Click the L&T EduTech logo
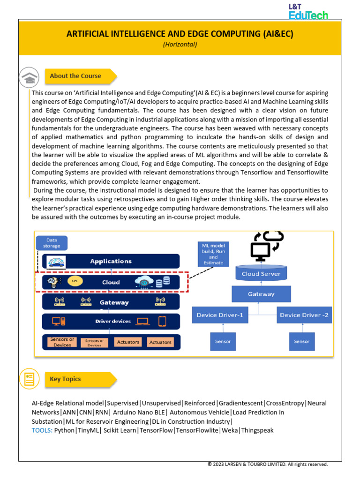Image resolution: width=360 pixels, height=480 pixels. (x=308, y=11)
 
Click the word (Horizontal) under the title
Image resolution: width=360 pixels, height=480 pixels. (x=180, y=45)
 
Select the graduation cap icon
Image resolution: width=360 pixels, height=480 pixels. (x=29, y=77)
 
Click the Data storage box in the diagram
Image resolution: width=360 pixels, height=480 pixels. (x=52, y=243)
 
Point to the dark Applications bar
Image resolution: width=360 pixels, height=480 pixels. (x=111, y=261)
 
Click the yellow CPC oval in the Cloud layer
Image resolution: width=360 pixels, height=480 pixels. (x=74, y=282)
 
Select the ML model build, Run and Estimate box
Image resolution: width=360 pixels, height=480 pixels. (x=213, y=254)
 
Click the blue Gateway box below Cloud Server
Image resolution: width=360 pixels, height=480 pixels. (x=261, y=294)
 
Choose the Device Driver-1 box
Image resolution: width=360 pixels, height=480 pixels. (x=219, y=315)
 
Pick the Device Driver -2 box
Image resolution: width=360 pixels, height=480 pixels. (x=304, y=315)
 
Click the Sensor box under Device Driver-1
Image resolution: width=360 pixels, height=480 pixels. (x=223, y=341)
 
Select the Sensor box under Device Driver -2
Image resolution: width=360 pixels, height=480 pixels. (x=301, y=341)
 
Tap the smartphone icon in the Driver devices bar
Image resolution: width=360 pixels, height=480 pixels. (x=162, y=321)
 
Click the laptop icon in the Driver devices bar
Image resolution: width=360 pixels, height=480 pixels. (x=142, y=321)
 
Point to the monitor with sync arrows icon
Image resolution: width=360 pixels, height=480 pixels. (x=265, y=245)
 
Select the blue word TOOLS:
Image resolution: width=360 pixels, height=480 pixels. (x=42, y=430)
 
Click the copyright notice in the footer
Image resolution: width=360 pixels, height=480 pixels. (x=267, y=465)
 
